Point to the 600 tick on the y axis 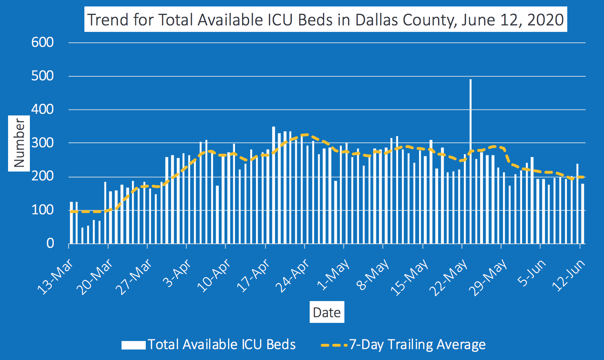pyautogui.click(x=42, y=42)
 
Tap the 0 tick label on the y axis pyautogui.click(x=50, y=243)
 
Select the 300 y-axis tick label pyautogui.click(x=42, y=143)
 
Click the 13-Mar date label pyautogui.click(x=55, y=277)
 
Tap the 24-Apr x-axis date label pyautogui.click(x=292, y=276)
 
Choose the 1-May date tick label pyautogui.click(x=333, y=274)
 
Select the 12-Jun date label pyautogui.click(x=568, y=275)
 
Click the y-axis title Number pyautogui.click(x=19, y=143)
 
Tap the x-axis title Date pyautogui.click(x=327, y=312)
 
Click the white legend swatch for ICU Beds pyautogui.click(x=133, y=345)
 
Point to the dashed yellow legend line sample pyautogui.click(x=334, y=345)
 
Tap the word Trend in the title pyautogui.click(x=108, y=20)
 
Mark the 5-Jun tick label pyautogui.click(x=531, y=273)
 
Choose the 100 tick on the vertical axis pyautogui.click(x=42, y=210)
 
